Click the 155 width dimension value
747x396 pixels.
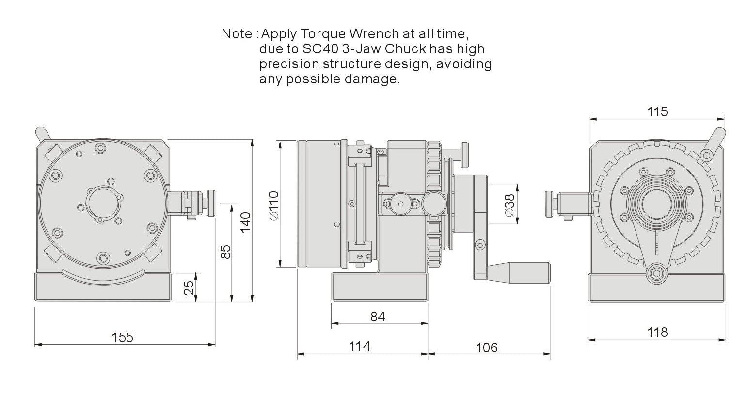tap(122, 337)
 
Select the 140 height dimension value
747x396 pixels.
tap(246, 222)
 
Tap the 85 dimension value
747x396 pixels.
tap(226, 252)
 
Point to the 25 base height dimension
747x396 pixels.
tap(189, 287)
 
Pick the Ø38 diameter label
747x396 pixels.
tap(510, 206)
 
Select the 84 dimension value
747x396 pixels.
tap(378, 317)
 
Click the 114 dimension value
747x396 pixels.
tap(360, 347)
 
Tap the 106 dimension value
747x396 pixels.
tap(487, 348)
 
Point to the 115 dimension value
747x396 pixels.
tap(657, 111)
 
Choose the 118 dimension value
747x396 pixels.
tap(657, 333)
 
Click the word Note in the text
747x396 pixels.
tap(237, 34)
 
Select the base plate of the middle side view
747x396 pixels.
tap(380, 287)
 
